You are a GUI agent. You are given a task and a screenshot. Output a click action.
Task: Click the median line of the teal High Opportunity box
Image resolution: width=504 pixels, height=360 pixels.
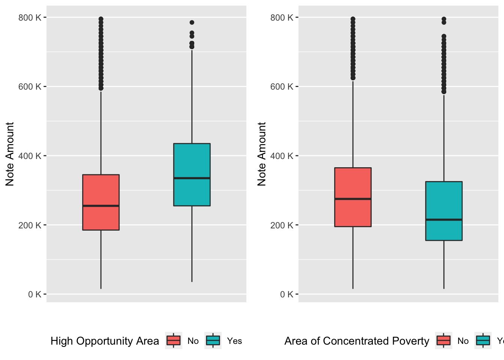point(192,178)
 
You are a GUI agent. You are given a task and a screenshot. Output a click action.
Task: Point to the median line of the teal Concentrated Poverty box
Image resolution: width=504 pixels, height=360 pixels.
point(444,220)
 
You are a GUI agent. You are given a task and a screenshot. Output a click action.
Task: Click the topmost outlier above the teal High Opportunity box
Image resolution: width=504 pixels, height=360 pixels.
point(192,22)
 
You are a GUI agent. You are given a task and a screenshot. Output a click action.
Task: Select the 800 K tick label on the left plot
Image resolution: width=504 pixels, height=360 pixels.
point(30,18)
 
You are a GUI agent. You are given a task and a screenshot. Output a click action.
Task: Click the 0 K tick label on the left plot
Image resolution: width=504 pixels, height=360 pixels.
point(34,294)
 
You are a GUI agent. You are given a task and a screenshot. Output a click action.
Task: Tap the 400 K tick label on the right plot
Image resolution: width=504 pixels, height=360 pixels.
point(282,156)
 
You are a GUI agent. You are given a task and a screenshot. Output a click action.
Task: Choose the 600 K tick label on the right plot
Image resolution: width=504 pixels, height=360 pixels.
point(282,87)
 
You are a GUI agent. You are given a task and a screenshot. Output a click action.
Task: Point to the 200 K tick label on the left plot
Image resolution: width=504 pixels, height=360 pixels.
point(30,225)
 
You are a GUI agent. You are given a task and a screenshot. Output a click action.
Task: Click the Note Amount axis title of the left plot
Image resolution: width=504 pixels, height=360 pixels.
point(10,154)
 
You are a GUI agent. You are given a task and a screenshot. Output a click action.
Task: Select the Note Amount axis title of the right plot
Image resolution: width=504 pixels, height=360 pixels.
point(262,154)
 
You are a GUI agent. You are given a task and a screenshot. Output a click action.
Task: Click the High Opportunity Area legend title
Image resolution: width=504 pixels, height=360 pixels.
point(105,341)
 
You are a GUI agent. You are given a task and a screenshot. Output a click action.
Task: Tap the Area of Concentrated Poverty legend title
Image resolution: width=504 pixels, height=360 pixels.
point(357,341)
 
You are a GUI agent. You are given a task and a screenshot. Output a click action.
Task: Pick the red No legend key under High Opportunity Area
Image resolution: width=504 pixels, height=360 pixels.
point(174,340)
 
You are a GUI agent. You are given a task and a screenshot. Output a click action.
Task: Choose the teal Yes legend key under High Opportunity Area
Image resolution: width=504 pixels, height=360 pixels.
point(213,340)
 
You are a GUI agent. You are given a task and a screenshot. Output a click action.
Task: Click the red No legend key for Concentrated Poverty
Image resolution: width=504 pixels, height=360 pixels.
point(444,340)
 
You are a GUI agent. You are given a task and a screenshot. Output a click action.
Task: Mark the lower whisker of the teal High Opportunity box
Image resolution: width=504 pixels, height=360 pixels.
point(192,244)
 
